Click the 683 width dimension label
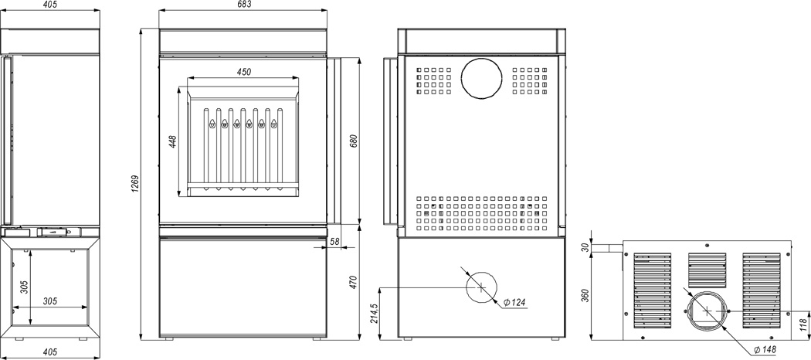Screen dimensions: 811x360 (x=244, y=5)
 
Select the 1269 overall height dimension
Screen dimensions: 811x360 (x=135, y=185)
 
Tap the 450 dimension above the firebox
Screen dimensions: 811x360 (x=244, y=72)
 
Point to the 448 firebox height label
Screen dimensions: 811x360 (x=173, y=141)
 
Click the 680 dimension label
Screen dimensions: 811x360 (x=354, y=141)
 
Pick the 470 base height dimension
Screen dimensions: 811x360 (x=354, y=282)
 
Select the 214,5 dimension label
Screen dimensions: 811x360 (x=375, y=314)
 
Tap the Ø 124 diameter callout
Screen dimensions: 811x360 (x=514, y=302)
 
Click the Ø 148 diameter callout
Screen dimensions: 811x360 (x=765, y=350)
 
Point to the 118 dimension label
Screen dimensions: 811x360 (x=803, y=324)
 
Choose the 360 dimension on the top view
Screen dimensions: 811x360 (x=585, y=296)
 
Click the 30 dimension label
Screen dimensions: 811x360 (x=585, y=248)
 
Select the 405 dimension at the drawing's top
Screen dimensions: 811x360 (x=49, y=5)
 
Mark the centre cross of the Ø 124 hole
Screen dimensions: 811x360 (x=481, y=287)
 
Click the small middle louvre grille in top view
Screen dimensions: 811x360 (x=707, y=270)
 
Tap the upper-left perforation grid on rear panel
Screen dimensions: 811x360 (x=433, y=81)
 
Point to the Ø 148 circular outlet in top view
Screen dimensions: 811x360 (x=707, y=311)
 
